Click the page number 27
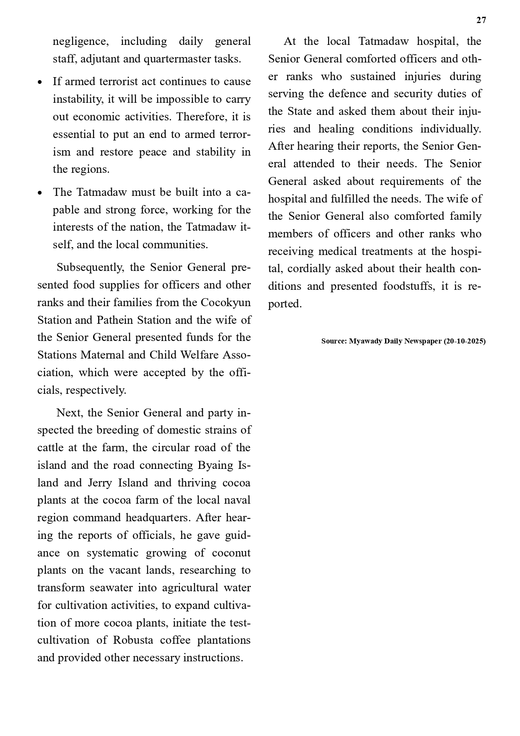(481, 20)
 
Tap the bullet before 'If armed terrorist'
(40, 83)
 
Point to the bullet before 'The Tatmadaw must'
(40, 193)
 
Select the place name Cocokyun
(226, 302)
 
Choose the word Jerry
(100, 483)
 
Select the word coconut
(231, 553)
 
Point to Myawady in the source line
(365, 341)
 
